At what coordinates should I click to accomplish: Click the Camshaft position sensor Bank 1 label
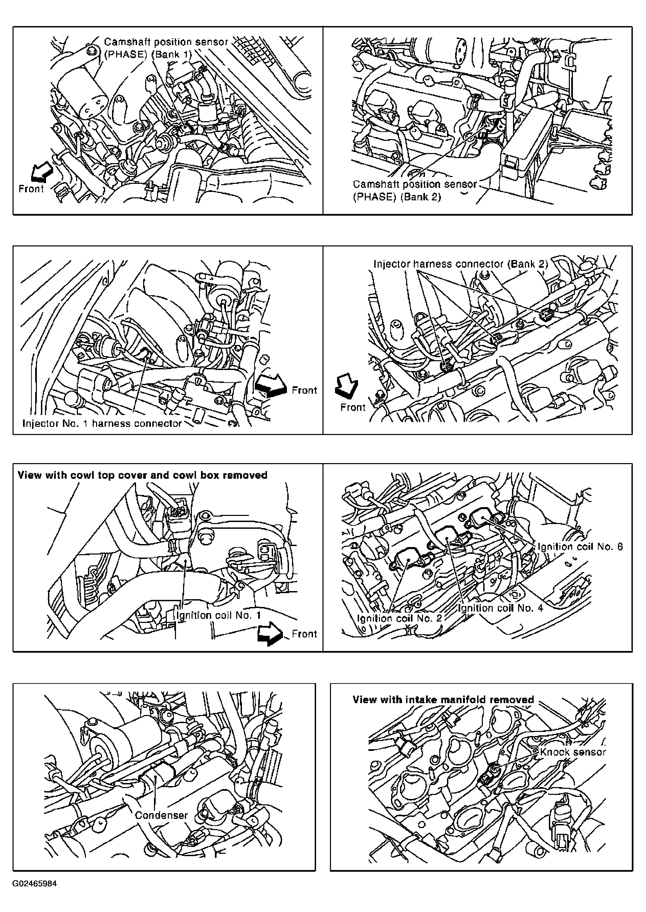(x=166, y=48)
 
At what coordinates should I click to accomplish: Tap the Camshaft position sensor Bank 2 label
(x=415, y=190)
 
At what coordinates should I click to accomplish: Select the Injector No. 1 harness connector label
(x=102, y=424)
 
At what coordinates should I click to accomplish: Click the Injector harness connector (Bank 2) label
(x=461, y=264)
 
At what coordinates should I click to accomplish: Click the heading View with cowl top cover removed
(x=142, y=475)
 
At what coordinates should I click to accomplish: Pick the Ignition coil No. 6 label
(x=580, y=546)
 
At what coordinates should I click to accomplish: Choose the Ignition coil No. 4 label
(x=500, y=608)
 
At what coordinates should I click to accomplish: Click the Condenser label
(x=161, y=815)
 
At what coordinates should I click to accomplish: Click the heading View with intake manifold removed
(x=443, y=699)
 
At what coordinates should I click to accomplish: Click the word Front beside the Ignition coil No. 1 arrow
(x=304, y=633)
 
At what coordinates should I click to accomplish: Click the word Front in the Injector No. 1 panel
(x=304, y=390)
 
